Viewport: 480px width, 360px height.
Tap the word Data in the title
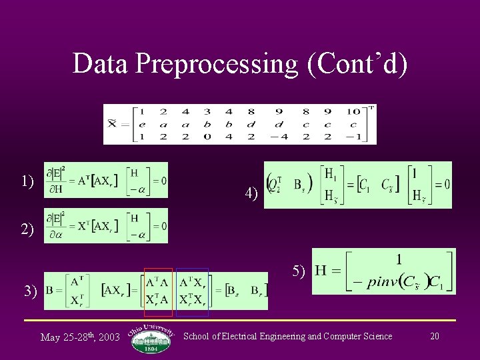101,64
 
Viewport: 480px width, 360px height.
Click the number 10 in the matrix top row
353,112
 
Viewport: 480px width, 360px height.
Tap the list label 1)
27,181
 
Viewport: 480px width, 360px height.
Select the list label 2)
27,229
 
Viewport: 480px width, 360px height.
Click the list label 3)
30,291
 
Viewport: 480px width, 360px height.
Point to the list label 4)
251,194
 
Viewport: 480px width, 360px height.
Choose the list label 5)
299,271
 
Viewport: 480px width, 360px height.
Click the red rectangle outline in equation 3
158,292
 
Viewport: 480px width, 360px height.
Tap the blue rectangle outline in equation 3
192,292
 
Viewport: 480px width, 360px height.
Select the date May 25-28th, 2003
79,337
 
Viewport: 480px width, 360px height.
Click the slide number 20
435,336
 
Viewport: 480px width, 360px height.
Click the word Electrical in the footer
253,336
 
